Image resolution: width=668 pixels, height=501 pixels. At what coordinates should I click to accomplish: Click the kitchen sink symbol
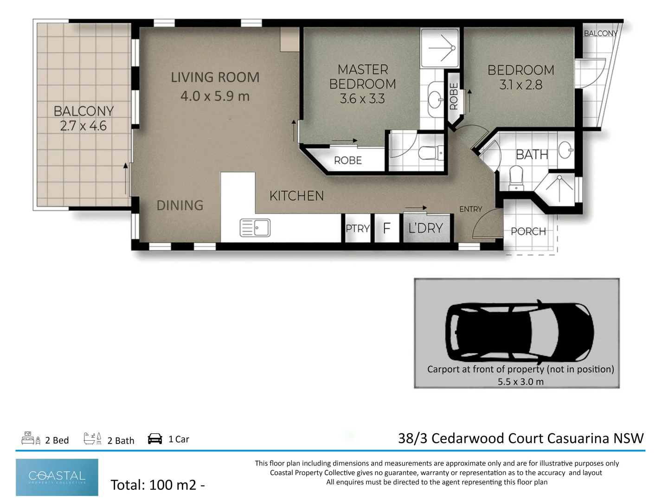point(255,227)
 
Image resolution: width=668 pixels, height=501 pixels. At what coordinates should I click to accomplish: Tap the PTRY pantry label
point(358,228)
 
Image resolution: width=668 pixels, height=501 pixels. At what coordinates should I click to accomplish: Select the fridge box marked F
point(386,228)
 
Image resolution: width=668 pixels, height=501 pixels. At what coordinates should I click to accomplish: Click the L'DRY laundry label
point(425,228)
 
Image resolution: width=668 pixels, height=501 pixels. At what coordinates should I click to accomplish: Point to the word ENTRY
point(471,209)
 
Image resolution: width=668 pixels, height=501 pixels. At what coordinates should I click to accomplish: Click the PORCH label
point(528,231)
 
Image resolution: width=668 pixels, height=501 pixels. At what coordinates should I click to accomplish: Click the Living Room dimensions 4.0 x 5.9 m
point(215,96)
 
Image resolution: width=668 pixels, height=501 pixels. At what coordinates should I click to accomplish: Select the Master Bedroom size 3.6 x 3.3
point(362,98)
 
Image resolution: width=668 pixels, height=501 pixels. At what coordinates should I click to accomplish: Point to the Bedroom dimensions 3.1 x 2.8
point(520,84)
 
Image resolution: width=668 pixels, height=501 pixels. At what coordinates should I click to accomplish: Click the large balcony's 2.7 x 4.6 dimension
point(83,126)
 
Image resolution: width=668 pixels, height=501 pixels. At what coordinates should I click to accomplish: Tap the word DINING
point(180,206)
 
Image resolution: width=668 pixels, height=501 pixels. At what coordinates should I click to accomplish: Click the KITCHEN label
point(297,196)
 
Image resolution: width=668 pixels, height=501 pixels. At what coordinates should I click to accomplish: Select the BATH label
point(532,154)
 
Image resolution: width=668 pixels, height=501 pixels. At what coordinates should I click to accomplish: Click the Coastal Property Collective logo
point(57,477)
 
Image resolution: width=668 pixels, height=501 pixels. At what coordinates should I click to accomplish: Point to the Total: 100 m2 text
point(158,485)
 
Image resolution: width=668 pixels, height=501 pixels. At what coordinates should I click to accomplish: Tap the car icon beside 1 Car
point(155,439)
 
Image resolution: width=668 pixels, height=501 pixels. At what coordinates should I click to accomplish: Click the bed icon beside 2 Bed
point(31,438)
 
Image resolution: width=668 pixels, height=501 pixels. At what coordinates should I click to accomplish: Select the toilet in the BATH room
point(516,178)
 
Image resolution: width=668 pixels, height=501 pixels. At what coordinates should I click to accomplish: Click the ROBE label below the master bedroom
point(348,161)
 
